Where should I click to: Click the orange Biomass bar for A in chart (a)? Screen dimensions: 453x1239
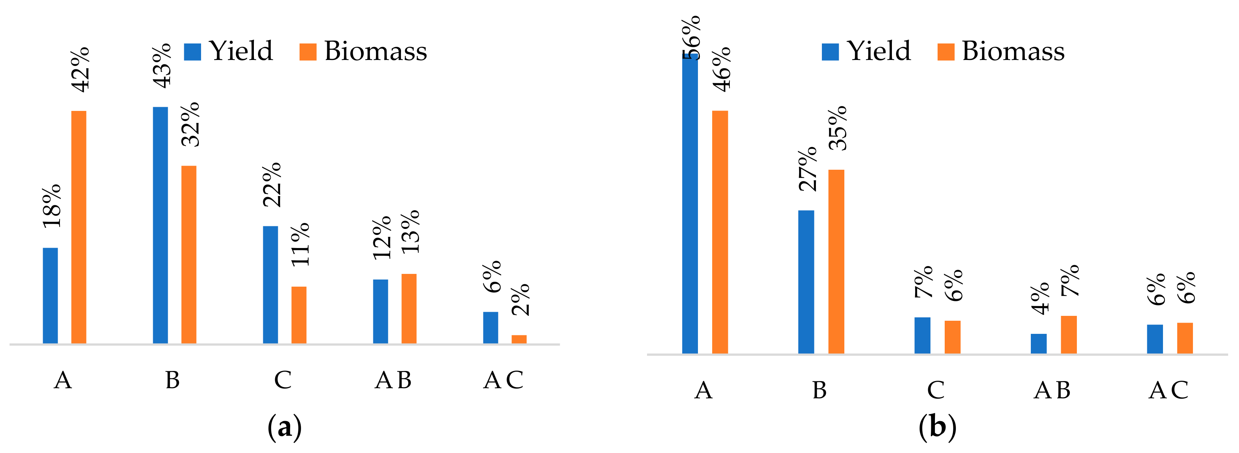79,227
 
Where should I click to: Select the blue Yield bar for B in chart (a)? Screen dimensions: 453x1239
160,225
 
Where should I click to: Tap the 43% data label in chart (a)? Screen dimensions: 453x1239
162,66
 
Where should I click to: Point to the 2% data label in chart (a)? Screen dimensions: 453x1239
520,299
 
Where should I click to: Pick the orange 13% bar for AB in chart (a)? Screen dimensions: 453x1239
409,309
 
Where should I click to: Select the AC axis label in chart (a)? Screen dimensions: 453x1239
503,380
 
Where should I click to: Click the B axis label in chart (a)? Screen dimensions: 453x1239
173,380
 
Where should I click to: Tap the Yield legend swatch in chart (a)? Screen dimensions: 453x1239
192,52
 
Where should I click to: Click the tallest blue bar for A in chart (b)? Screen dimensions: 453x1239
690,203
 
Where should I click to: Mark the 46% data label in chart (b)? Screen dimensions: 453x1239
722,69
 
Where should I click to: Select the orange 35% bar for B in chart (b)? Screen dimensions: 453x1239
836,262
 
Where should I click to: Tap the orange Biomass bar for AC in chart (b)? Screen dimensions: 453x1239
1185,338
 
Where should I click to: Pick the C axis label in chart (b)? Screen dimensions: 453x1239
935,390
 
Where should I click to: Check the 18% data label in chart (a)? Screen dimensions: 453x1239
51,206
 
